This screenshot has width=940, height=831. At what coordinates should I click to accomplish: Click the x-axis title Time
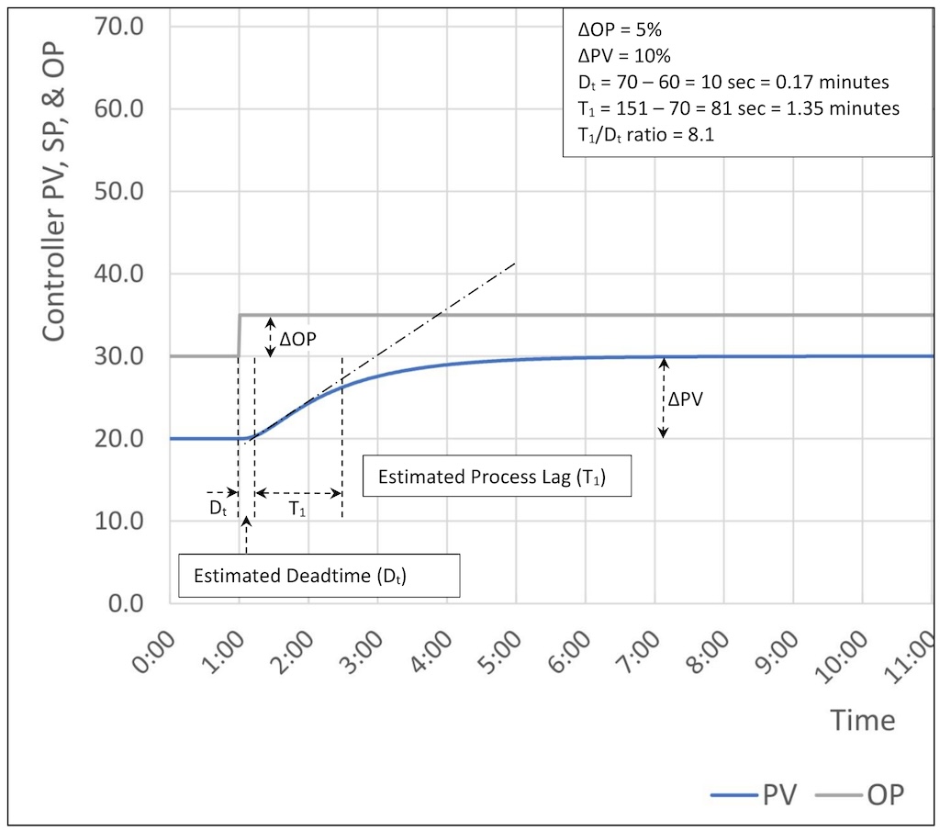coord(862,720)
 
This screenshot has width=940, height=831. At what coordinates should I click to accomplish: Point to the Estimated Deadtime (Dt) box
coord(300,577)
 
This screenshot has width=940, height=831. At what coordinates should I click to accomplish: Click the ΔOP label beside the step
coord(300,338)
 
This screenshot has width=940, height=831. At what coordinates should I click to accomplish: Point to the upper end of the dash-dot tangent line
coord(515,264)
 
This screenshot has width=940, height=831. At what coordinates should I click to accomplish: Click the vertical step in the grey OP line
coord(239,335)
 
